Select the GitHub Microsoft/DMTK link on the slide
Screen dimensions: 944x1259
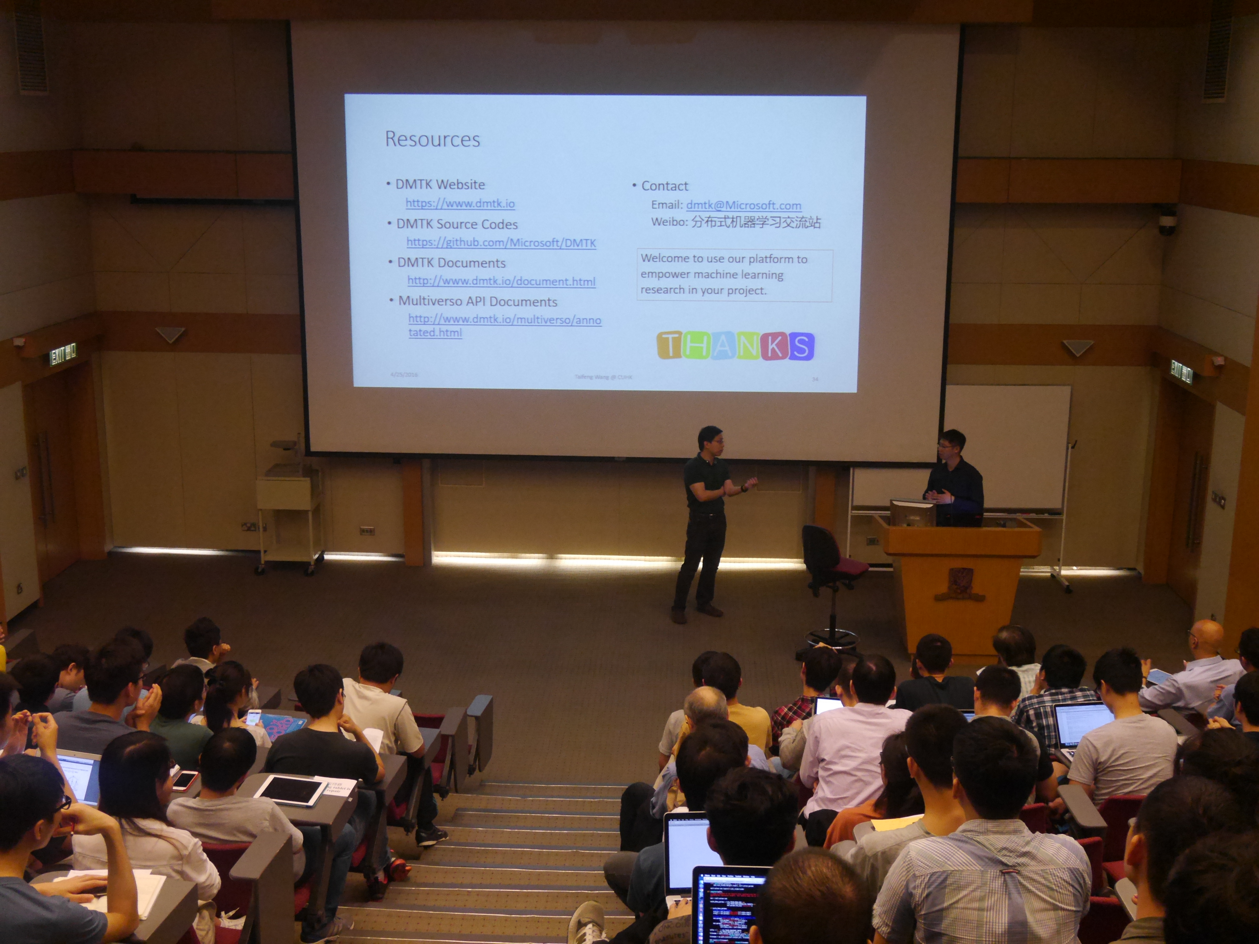click(501, 243)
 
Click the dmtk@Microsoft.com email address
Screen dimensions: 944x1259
click(743, 205)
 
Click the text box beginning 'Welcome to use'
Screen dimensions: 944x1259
click(734, 275)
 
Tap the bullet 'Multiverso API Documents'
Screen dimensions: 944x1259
click(477, 302)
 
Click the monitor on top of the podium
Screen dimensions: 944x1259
click(912, 512)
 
